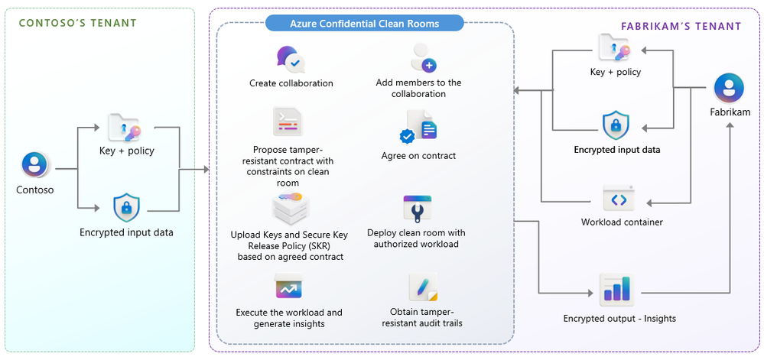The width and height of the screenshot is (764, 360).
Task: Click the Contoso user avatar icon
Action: click(x=34, y=165)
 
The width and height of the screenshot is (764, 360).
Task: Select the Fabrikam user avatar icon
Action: click(x=728, y=89)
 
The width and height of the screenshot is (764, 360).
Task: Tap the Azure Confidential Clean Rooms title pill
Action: click(x=365, y=23)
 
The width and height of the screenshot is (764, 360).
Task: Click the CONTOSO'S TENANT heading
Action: click(x=77, y=23)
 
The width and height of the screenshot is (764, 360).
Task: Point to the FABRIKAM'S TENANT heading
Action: click(x=681, y=26)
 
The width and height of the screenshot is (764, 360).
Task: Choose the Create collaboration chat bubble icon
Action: click(x=291, y=59)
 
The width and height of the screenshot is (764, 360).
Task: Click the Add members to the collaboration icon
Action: click(x=424, y=57)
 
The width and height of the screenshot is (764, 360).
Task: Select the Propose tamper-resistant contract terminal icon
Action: click(x=288, y=122)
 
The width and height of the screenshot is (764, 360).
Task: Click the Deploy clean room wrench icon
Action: click(x=417, y=209)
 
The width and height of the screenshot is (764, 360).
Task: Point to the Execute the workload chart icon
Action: click(x=288, y=286)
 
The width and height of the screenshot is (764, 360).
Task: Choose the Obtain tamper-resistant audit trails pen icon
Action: click(x=423, y=287)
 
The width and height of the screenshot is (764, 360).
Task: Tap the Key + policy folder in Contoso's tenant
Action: click(x=124, y=128)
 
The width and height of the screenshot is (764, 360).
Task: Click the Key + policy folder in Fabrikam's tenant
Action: click(x=614, y=47)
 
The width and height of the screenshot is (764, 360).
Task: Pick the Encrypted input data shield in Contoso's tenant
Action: click(x=126, y=208)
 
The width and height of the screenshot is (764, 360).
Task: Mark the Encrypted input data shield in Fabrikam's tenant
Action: click(x=616, y=125)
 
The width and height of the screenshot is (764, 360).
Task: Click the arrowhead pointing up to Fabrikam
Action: click(x=730, y=125)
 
